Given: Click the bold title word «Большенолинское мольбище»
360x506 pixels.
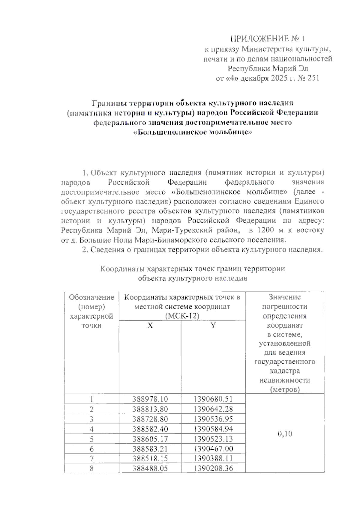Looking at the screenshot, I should pos(192,132).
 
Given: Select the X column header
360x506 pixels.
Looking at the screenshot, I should pos(150,326).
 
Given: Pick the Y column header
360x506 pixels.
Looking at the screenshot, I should pos(213,326).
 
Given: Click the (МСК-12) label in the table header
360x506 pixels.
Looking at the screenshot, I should pos(182,316).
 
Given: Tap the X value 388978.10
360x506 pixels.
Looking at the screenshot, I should pos(150,399).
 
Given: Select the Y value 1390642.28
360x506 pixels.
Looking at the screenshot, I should pos(213,409).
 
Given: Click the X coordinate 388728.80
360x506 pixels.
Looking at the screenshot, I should pos(150,419).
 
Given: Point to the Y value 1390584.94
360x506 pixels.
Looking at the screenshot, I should pos(213,429).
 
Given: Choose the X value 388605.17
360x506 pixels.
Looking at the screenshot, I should pos(150,439).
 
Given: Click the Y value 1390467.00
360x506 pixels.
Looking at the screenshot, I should pos(213,448).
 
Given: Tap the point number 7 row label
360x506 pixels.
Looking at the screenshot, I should pos(91,458).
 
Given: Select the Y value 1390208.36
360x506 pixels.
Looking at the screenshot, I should pos(213,468).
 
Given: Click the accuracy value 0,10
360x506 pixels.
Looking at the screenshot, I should pos(285,434).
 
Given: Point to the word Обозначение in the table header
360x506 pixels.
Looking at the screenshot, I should pos(91,297).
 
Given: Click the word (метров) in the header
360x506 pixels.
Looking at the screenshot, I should pos(285,390).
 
